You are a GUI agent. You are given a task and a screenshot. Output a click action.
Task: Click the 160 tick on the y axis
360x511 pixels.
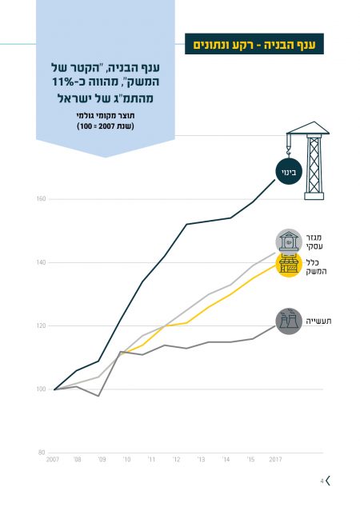(x=41, y=199)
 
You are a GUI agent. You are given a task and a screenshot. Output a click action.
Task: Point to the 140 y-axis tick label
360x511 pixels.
(x=41, y=262)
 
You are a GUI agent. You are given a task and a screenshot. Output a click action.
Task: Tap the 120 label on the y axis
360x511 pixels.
(x=41, y=325)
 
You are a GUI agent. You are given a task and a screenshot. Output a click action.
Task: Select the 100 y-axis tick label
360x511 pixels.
(x=41, y=389)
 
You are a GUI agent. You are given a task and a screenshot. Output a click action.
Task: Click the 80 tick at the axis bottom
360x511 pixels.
(x=42, y=453)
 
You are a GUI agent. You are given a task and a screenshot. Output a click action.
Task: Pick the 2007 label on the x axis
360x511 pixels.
(x=53, y=460)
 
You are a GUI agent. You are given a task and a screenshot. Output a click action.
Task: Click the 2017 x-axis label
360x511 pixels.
(x=275, y=460)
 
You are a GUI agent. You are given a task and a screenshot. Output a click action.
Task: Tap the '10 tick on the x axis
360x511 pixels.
(x=126, y=460)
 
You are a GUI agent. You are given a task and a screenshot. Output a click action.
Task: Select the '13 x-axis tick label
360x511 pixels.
(x=201, y=460)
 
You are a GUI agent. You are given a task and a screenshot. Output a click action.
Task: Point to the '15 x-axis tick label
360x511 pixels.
(x=250, y=460)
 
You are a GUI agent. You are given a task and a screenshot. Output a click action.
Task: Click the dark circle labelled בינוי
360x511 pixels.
(x=289, y=172)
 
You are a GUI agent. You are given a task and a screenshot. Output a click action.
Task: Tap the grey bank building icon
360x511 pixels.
(x=289, y=242)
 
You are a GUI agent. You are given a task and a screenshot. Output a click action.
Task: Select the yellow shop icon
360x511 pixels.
(x=289, y=265)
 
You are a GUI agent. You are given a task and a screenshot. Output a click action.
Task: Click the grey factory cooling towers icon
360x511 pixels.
(x=289, y=321)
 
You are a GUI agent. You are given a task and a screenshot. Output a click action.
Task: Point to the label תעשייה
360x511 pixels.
(x=318, y=321)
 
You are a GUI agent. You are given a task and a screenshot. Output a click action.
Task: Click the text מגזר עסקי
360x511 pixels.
(x=314, y=242)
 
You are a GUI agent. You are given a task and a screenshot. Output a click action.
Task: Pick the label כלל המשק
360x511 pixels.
(x=316, y=266)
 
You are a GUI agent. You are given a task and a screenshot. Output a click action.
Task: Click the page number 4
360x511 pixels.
(x=322, y=481)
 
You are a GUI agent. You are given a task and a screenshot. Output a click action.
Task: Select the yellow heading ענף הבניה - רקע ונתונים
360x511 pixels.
(x=254, y=44)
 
